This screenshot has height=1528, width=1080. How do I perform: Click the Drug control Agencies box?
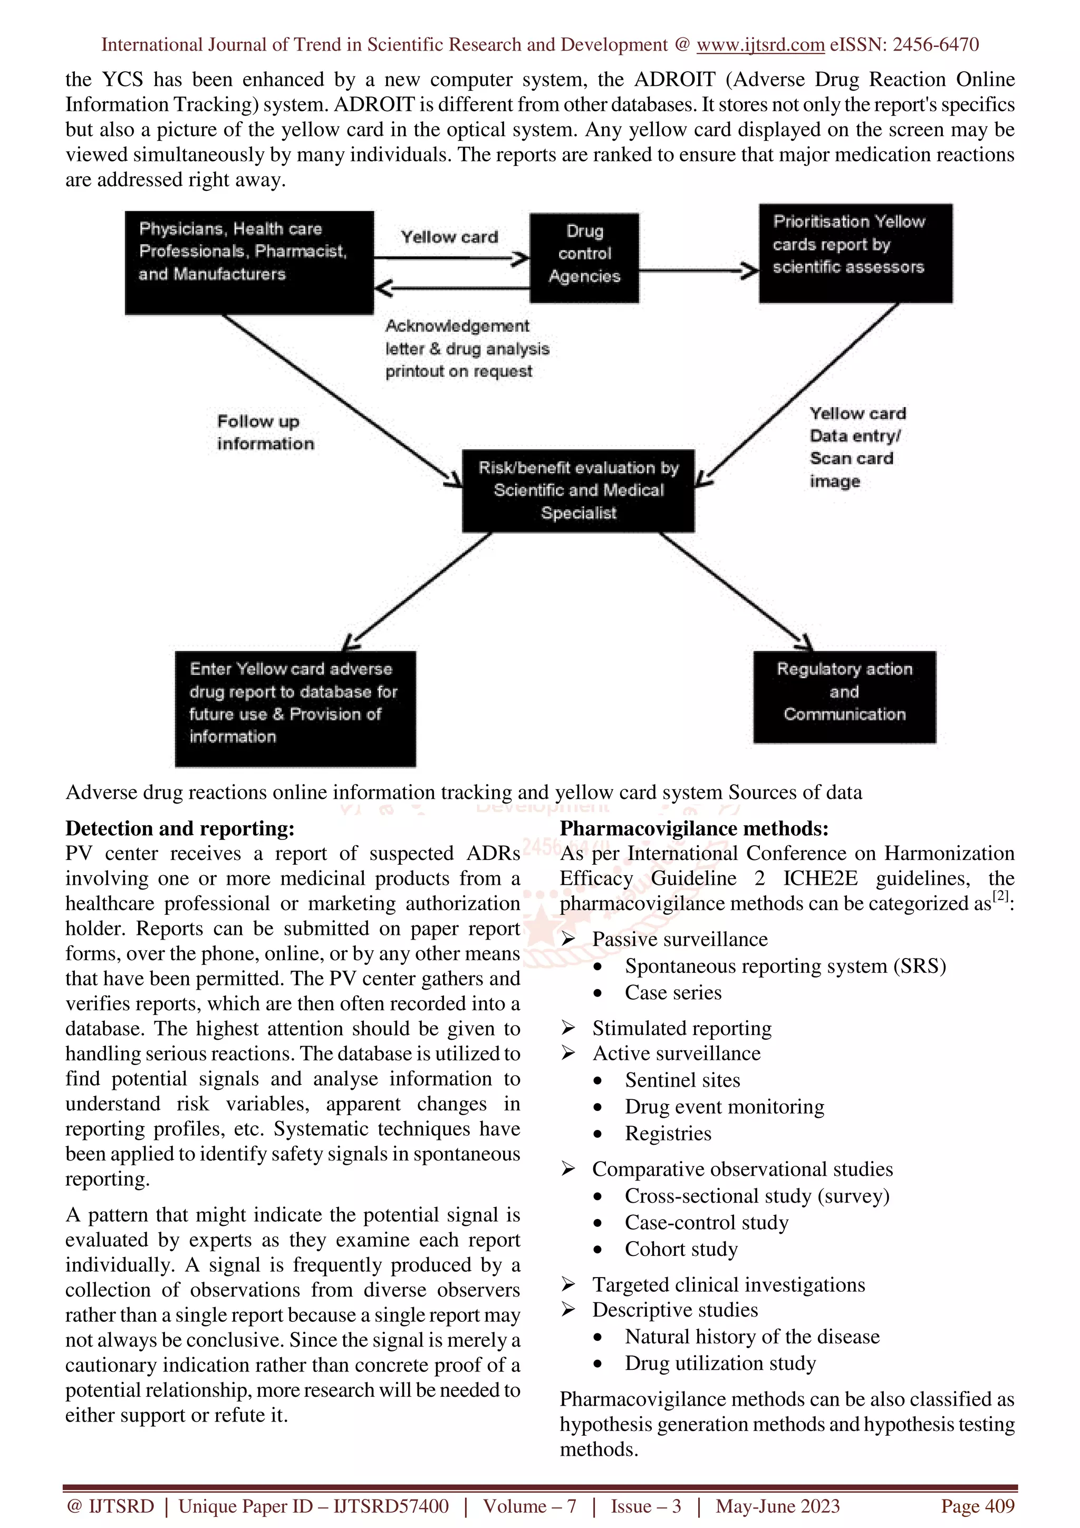click(x=584, y=257)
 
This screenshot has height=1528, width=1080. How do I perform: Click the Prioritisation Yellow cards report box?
click(x=855, y=253)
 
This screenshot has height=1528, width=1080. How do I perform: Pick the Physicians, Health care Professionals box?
click(x=249, y=262)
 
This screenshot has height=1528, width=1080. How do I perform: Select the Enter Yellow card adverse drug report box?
click(x=295, y=708)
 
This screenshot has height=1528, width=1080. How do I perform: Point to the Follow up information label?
click(x=264, y=432)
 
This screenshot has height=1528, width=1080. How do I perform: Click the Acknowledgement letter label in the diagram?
click(x=467, y=348)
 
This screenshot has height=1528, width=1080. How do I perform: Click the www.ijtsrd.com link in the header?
click(x=760, y=45)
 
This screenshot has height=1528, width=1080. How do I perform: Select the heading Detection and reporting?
click(x=180, y=828)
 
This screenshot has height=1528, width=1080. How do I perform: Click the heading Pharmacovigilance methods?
click(x=693, y=828)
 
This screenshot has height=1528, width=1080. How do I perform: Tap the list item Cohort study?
click(x=681, y=1249)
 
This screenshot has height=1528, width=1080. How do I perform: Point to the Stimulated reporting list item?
click(x=681, y=1028)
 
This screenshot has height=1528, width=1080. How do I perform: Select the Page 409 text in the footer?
click(x=977, y=1505)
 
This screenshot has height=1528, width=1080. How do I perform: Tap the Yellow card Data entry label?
click(x=856, y=447)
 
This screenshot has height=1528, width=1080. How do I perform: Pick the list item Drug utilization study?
click(x=719, y=1362)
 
